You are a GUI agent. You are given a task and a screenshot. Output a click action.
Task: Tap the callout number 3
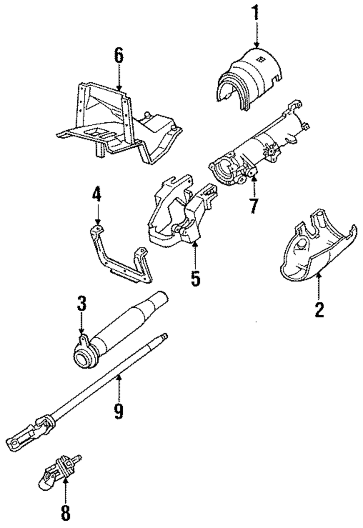coord(81,304)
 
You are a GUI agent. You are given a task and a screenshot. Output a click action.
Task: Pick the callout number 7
coord(253,205)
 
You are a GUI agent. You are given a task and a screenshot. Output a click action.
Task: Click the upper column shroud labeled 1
coord(250,80)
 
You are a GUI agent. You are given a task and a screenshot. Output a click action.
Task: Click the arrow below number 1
coord(257,34)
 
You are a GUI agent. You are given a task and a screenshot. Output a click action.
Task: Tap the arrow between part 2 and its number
coord(319,287)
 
